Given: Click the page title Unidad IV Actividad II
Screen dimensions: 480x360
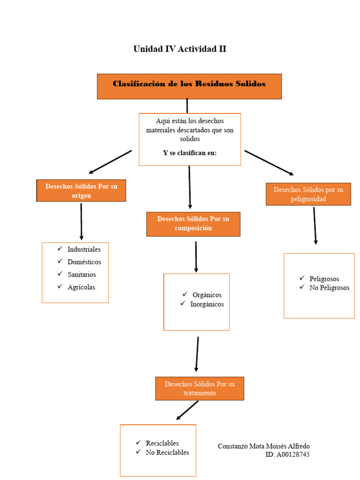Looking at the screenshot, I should coord(180,49).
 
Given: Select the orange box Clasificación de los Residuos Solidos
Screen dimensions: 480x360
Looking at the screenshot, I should coord(189,86).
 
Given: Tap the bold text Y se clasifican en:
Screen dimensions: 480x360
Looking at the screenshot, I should coord(189,153).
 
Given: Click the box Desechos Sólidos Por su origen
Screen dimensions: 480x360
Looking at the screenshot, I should coord(81,191).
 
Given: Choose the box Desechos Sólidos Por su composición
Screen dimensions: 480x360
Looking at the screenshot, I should coord(193,224).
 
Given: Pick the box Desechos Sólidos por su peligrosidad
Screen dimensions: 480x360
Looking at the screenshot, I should coord(308,194).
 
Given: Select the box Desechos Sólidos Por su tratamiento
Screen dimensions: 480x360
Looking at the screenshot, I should coord(199,388).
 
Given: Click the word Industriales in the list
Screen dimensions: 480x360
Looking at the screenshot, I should coord(84,249).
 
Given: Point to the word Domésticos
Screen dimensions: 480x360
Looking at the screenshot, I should coord(84,262).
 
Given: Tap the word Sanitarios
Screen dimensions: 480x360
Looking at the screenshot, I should coord(82,275).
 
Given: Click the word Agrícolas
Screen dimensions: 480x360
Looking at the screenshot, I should coord(81,287).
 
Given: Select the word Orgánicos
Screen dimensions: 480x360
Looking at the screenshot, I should coord(207,295).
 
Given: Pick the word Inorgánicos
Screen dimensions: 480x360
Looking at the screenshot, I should coord(207,304).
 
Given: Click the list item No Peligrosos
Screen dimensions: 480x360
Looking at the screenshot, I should coord(329,288).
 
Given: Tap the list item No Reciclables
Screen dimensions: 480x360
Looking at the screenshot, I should coord(167,452).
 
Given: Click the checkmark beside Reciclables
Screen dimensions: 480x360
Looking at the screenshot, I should coord(138,442).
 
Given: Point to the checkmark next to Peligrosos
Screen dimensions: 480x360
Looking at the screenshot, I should coord(302,278).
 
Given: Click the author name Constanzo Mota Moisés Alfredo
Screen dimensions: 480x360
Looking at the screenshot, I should coord(263,446).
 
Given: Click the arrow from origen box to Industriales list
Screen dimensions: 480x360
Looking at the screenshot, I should coord(81,221).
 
